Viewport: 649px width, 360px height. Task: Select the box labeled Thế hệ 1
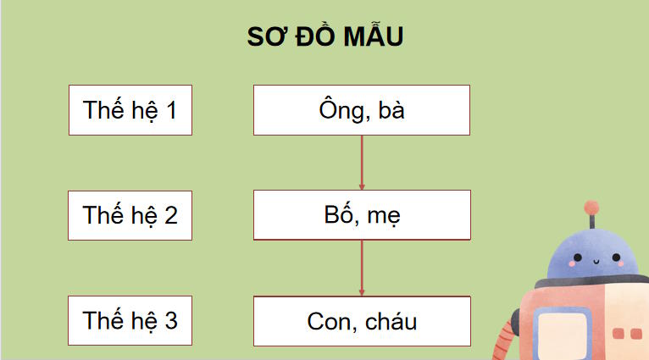click(130, 110)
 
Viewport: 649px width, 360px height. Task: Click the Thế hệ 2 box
click(130, 215)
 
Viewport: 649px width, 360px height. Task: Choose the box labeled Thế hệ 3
click(130, 321)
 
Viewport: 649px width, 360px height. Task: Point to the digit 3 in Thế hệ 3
click(171, 321)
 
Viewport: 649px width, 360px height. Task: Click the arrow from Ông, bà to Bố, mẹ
click(362, 163)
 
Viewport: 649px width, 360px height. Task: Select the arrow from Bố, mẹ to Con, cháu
click(362, 268)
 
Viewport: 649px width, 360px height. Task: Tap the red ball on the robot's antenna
click(591, 205)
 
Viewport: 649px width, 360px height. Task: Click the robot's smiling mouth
click(591, 262)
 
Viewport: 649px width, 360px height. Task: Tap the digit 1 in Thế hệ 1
click(170, 110)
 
